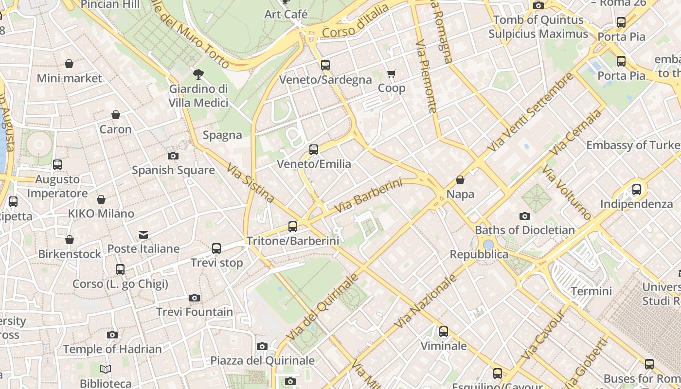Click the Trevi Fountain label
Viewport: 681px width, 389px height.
pyautogui.click(x=195, y=312)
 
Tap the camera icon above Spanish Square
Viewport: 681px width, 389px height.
pyautogui.click(x=173, y=156)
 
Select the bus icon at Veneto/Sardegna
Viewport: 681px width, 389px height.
pyautogui.click(x=325, y=65)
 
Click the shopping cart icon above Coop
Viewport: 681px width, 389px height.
pyautogui.click(x=392, y=74)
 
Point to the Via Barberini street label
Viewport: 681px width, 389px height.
pyautogui.click(x=369, y=195)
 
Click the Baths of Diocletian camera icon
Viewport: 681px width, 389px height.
pyautogui.click(x=524, y=216)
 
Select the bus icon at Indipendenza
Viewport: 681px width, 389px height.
pyautogui.click(x=636, y=190)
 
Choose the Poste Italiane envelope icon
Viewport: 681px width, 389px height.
pyautogui.click(x=143, y=235)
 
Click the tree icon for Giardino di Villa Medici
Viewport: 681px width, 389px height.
pyautogui.click(x=198, y=74)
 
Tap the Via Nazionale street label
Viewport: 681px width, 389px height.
pyautogui.click(x=426, y=301)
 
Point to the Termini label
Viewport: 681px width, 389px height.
pyautogui.click(x=591, y=291)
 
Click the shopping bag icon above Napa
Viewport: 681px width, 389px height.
pyautogui.click(x=460, y=180)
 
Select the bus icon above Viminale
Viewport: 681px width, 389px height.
pyautogui.click(x=443, y=332)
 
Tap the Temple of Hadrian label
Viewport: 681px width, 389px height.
pyautogui.click(x=112, y=349)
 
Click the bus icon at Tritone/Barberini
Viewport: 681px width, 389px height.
pyautogui.click(x=292, y=226)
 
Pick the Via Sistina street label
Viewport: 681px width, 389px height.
pyautogui.click(x=251, y=183)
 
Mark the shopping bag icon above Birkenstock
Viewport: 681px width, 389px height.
pyautogui.click(x=70, y=240)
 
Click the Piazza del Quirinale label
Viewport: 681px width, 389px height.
pyautogui.click(x=263, y=361)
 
